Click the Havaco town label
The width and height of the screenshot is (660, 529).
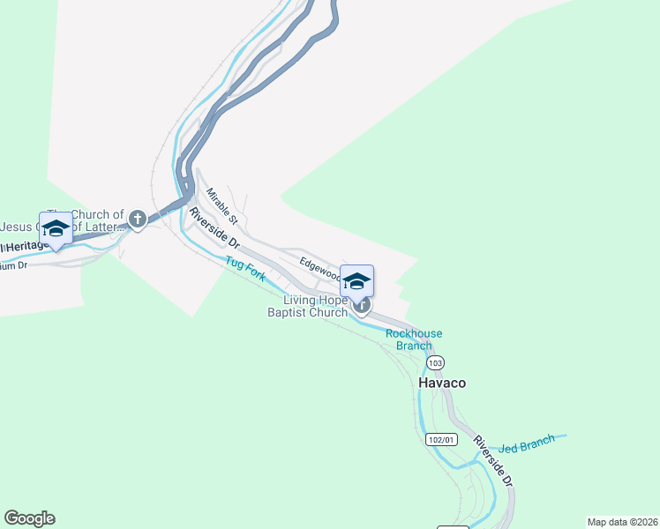point(441,384)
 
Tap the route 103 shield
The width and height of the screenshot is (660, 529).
point(434,363)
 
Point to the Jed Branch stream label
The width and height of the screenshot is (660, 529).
point(527,443)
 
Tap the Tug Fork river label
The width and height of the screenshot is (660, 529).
point(245,269)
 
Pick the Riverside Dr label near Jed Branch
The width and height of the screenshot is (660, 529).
point(492,460)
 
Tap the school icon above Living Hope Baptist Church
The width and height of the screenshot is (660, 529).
point(356,281)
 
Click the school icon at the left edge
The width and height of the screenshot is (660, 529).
point(56,227)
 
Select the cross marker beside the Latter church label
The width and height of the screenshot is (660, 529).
point(137,218)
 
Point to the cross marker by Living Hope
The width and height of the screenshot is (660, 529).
point(361,306)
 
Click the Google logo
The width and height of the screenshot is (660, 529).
point(29,518)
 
